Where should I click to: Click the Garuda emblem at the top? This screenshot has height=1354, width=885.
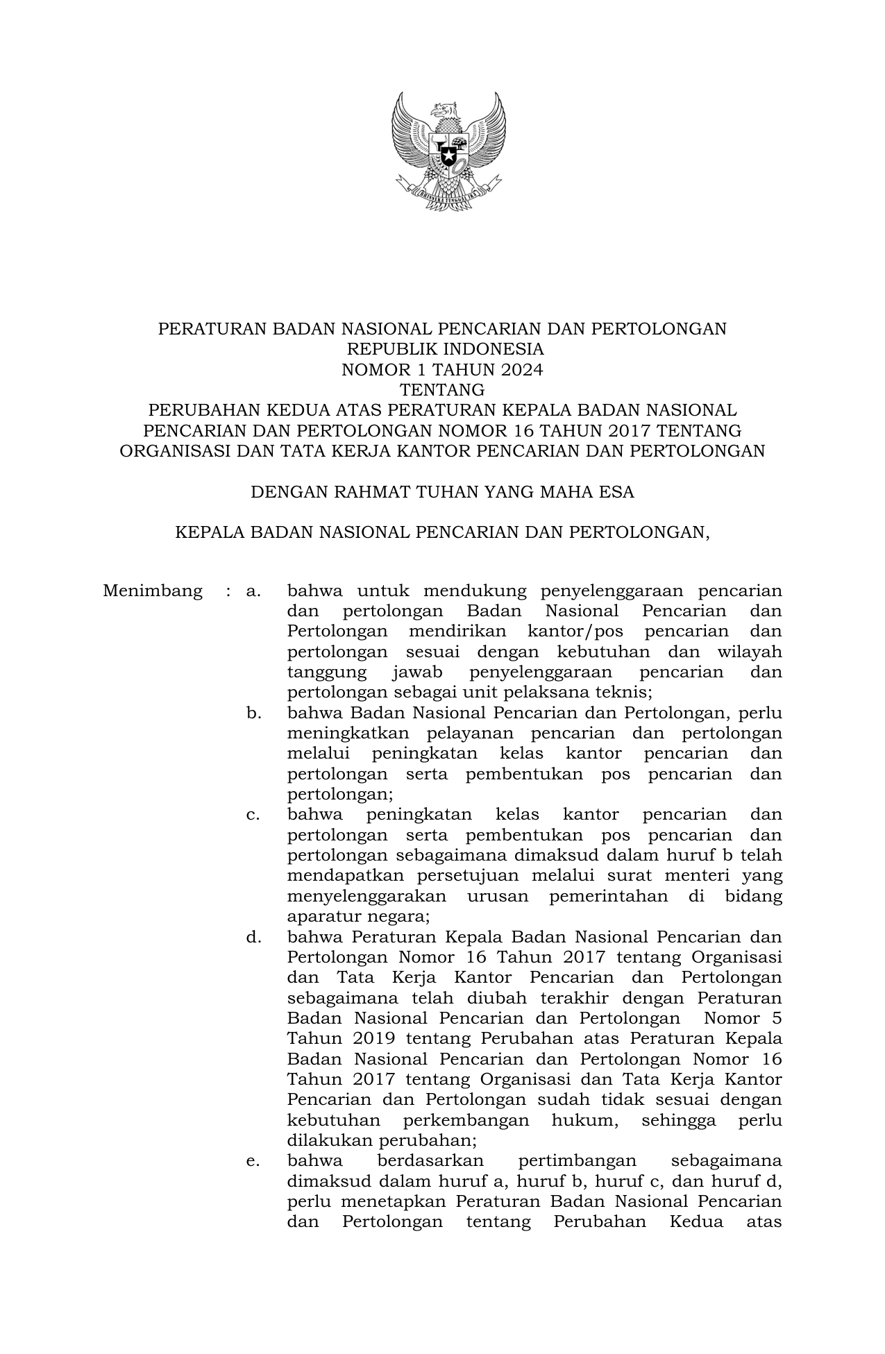(448, 149)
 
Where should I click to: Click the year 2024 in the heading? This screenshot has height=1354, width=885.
(522, 370)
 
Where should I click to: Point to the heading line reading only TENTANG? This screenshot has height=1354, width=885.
(442, 390)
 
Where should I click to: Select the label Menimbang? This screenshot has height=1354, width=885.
(153, 591)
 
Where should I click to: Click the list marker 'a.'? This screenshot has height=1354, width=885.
(253, 591)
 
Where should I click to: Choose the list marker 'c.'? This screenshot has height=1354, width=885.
(253, 815)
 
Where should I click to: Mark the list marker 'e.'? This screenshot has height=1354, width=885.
(253, 1161)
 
